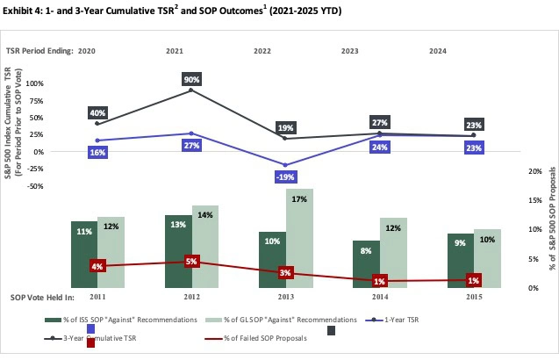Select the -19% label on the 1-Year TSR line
click(285, 176)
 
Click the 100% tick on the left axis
click(39, 83)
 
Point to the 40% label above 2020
click(98, 112)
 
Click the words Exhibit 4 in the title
click(24, 11)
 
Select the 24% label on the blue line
click(380, 147)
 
